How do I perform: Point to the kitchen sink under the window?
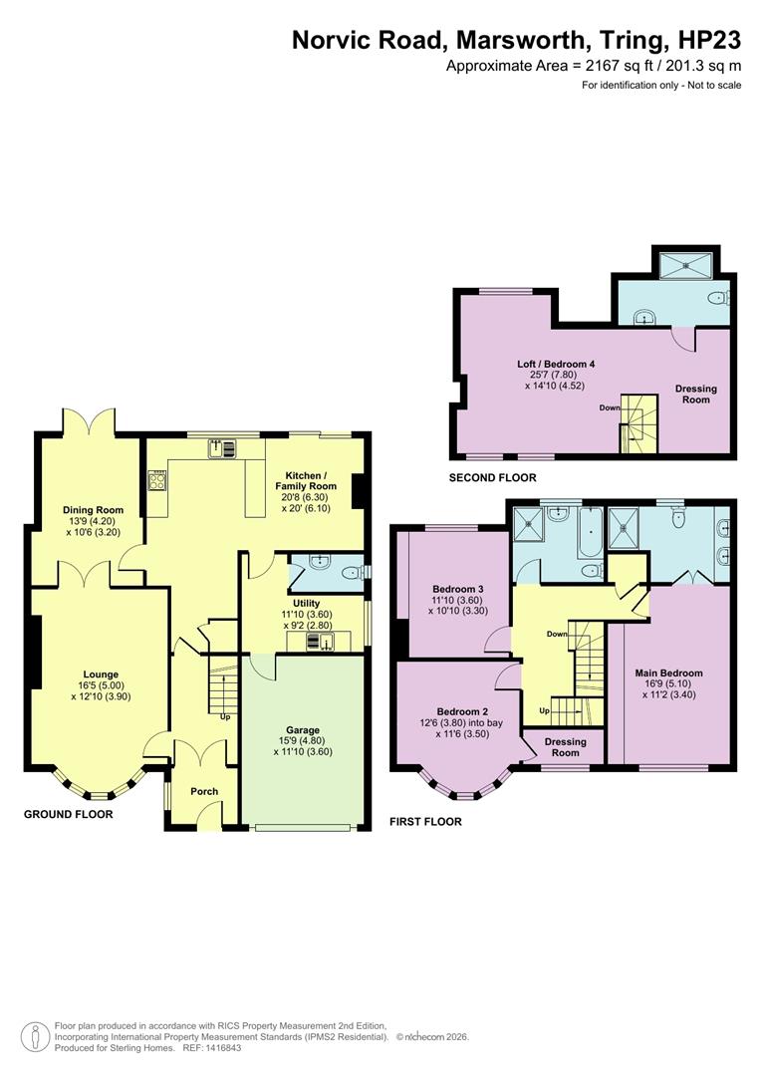222,448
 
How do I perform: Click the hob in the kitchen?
156,482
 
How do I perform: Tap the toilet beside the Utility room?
350,572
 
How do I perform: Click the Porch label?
204,792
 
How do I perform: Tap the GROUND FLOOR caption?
68,814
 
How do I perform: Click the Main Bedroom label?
668,672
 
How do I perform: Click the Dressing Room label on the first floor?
565,746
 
